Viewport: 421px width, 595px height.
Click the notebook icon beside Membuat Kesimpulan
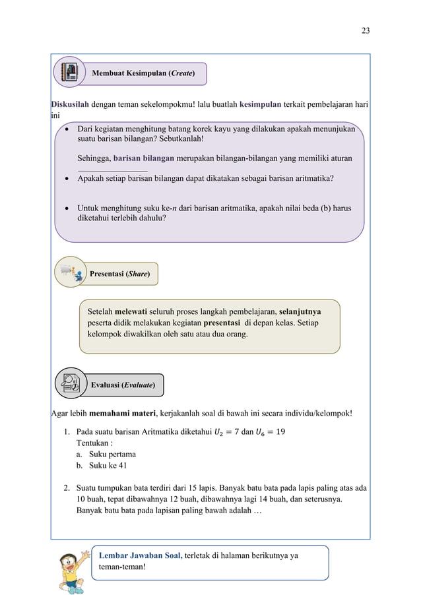(x=69, y=71)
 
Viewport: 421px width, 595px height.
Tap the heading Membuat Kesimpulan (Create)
(x=143, y=74)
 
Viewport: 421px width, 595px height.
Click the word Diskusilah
(x=70, y=104)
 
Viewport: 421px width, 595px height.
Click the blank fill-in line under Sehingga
(x=112, y=171)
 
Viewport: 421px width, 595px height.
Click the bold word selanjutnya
(x=300, y=309)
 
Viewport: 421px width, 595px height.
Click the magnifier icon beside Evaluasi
(x=70, y=383)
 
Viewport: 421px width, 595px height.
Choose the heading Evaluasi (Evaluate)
(x=123, y=385)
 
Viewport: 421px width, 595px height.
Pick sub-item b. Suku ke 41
(x=102, y=466)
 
